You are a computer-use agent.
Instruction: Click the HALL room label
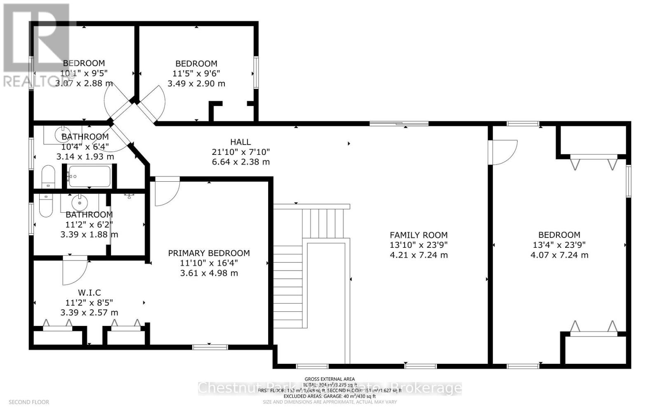click(240, 142)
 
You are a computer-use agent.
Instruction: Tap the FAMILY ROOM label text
click(418, 235)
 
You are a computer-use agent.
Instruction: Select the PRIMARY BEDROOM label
click(209, 253)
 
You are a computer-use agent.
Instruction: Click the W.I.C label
click(89, 293)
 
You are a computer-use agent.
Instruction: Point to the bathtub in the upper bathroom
click(90, 176)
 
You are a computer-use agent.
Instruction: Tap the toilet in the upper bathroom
click(48, 177)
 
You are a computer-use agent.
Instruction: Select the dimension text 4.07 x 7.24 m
click(559, 255)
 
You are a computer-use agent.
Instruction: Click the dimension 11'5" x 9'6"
click(196, 74)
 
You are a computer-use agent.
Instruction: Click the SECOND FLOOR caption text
click(29, 402)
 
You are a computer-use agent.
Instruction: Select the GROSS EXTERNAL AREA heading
click(329, 379)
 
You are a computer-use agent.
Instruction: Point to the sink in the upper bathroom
click(61, 134)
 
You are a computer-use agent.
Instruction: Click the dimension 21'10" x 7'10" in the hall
click(240, 152)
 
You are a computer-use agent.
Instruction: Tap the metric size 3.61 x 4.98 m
click(209, 273)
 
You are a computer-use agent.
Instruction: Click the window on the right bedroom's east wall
click(628, 181)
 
